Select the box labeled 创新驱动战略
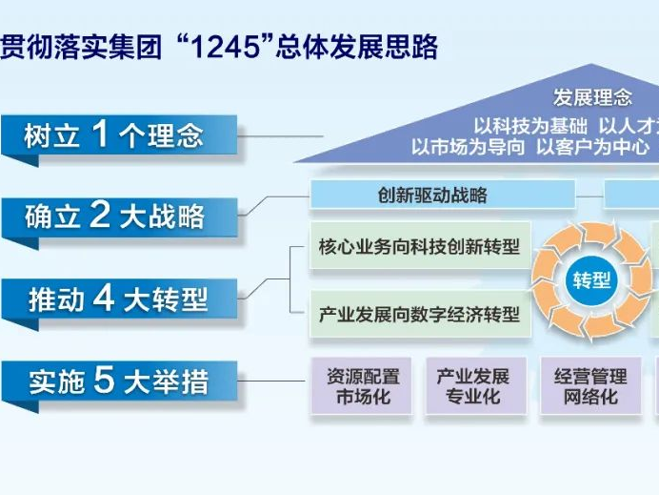point(442,196)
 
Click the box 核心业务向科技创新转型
point(419,247)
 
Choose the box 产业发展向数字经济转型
point(419,315)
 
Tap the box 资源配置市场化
point(363,386)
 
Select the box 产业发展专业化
point(473,386)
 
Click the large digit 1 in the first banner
point(99,134)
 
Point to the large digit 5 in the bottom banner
point(104,381)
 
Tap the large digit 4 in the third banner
point(104,298)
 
